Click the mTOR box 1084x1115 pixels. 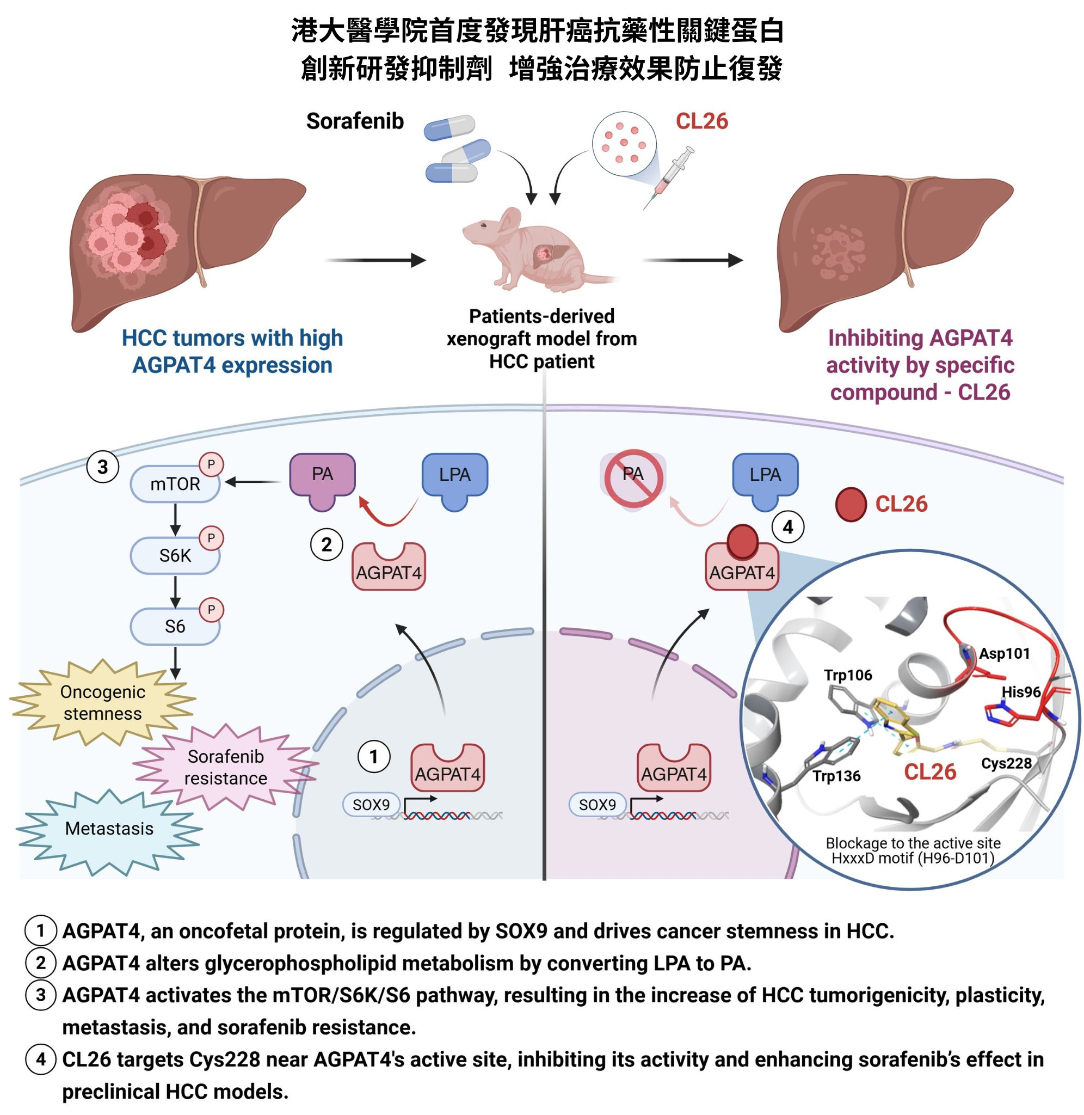175,485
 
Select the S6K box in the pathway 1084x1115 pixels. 175,556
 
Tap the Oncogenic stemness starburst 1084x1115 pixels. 103,703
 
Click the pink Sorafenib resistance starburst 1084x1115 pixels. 225,767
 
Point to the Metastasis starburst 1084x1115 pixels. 109,829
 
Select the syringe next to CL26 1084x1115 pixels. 670,176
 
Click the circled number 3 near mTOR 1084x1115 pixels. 102,467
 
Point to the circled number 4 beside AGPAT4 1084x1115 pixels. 787,528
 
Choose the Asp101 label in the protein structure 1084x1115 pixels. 1005,653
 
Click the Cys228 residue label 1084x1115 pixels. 1006,763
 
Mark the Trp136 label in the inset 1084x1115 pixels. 836,776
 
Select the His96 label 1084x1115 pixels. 1021,692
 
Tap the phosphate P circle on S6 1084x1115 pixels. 211,610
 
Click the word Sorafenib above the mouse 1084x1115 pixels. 355,121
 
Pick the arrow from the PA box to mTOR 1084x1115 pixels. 254,482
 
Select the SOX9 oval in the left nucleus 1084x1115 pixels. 371,805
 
